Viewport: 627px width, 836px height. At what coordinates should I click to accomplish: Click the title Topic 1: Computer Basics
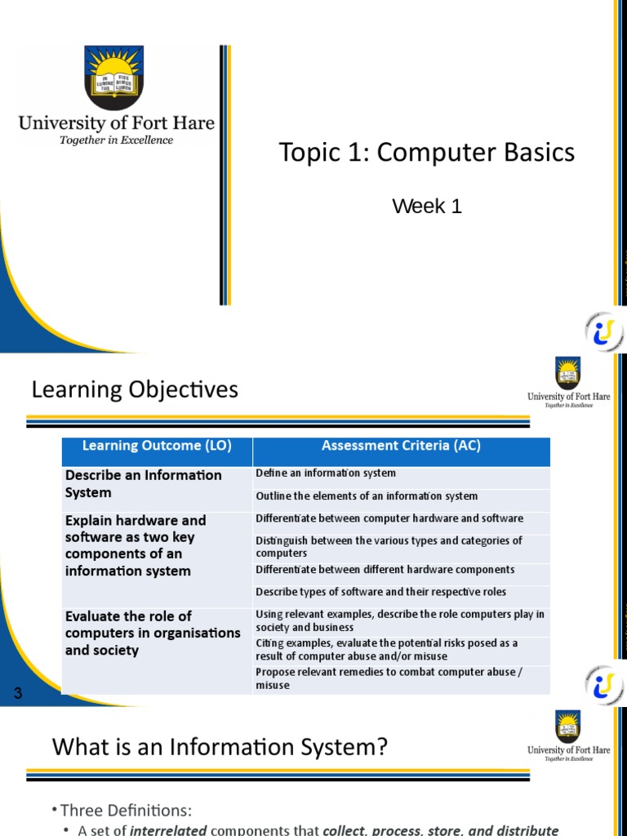426,153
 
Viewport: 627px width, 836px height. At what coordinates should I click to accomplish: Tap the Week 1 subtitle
427,207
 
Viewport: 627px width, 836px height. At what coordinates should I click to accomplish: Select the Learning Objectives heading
135,389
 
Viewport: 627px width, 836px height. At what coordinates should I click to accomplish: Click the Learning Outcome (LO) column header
157,446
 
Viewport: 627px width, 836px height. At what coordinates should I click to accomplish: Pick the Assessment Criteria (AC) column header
401,446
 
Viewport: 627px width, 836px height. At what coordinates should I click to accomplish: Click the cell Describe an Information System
144,484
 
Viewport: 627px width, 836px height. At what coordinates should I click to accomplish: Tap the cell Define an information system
326,474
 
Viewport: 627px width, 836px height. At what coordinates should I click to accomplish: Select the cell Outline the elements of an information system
367,496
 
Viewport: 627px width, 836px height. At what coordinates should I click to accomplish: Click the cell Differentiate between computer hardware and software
389,519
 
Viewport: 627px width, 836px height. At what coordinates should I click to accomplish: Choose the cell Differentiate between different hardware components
385,570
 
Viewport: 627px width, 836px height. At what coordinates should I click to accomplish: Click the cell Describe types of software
380,592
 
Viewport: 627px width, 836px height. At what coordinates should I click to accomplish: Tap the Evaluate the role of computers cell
153,633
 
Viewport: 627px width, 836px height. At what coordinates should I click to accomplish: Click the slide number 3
17,694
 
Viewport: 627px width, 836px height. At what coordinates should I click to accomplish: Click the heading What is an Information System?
220,746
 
